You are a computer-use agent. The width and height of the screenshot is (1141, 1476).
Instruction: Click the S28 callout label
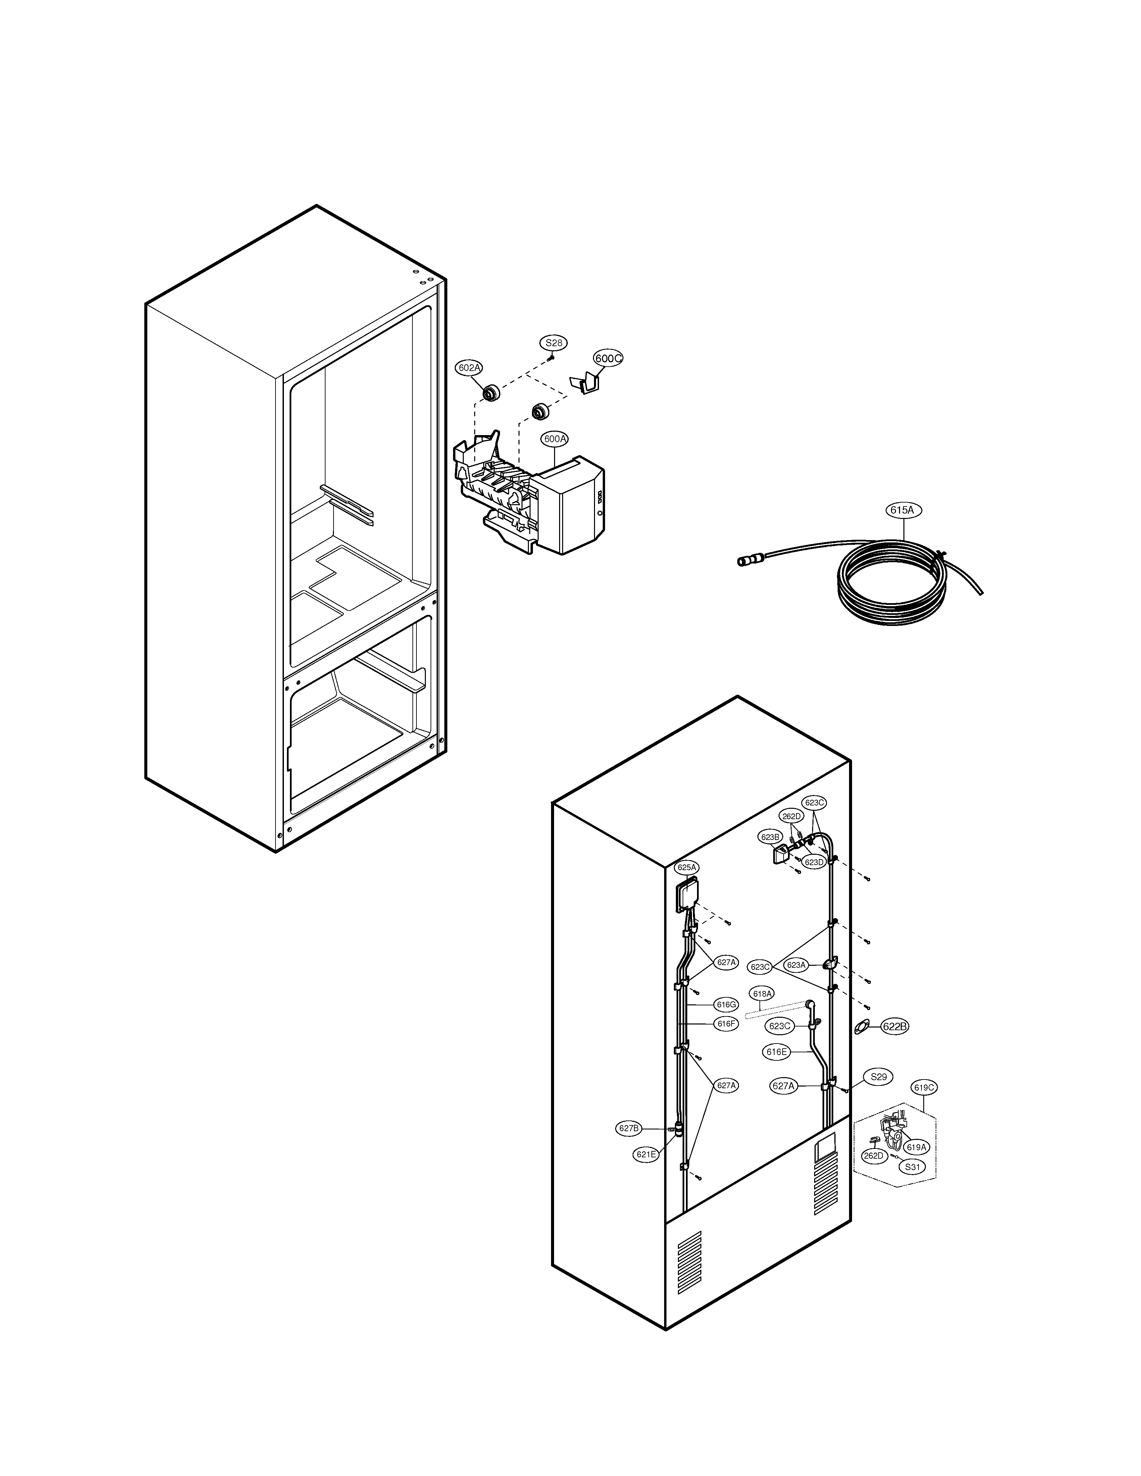[554, 342]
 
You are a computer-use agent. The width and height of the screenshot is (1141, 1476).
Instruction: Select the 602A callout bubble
[468, 368]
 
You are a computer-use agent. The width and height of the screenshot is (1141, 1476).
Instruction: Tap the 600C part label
[608, 358]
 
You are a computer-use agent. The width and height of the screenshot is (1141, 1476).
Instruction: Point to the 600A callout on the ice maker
[554, 439]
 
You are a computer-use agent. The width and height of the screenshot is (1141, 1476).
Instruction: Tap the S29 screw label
[878, 1076]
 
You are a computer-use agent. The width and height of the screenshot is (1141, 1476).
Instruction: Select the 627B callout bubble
[629, 1128]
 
